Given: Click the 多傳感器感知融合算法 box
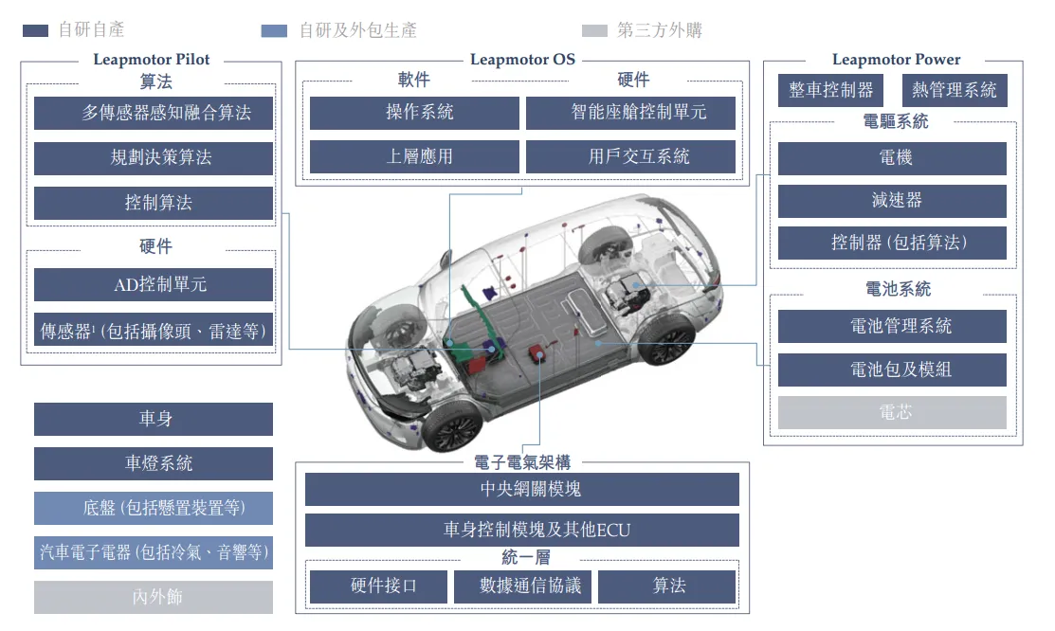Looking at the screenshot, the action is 154,113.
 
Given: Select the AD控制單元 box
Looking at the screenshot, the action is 154,284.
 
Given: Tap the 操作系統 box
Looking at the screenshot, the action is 414,113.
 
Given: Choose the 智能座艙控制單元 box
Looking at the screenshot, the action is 630,113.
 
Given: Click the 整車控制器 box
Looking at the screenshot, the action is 830,90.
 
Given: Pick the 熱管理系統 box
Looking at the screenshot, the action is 955,90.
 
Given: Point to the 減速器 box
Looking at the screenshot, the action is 892,201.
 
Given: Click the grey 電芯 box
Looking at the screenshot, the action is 892,412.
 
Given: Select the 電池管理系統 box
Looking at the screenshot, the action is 892,326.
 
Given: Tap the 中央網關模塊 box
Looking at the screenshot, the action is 522,489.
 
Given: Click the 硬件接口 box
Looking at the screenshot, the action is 379,586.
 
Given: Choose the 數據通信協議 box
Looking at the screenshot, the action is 523,586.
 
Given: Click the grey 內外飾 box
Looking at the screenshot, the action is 154,597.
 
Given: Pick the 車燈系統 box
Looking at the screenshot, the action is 154,463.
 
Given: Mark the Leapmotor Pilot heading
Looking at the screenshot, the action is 152,60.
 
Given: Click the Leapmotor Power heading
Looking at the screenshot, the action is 896,60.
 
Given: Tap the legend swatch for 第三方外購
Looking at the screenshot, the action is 594,30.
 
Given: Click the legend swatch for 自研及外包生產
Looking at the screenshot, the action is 274,30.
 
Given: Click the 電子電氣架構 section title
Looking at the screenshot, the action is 522,462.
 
